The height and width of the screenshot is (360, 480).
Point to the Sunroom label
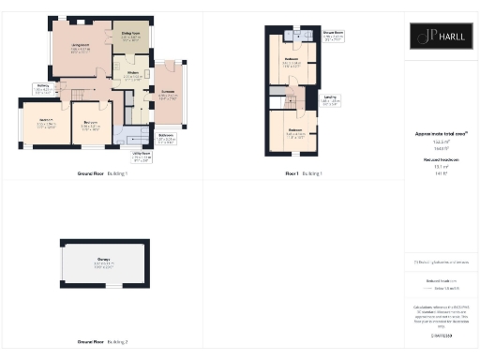pos(168,95)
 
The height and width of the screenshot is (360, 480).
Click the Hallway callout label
pos(42,87)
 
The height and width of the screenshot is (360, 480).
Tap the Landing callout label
pos(331,97)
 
